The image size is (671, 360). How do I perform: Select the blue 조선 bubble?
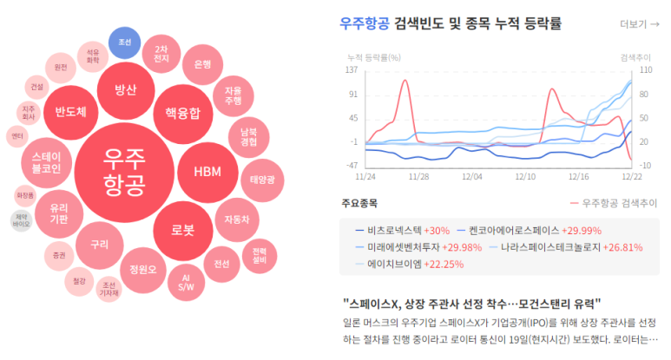point(123,43)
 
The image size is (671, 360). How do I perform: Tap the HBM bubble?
point(207,171)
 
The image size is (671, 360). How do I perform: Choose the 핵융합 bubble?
point(183,112)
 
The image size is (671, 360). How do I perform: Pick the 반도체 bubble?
point(70,112)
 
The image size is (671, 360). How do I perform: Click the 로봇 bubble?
point(183,230)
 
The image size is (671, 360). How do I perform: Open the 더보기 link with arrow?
point(640,23)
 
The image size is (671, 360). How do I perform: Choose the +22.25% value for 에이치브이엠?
point(450,264)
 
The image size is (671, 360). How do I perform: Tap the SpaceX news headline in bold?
point(471,303)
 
